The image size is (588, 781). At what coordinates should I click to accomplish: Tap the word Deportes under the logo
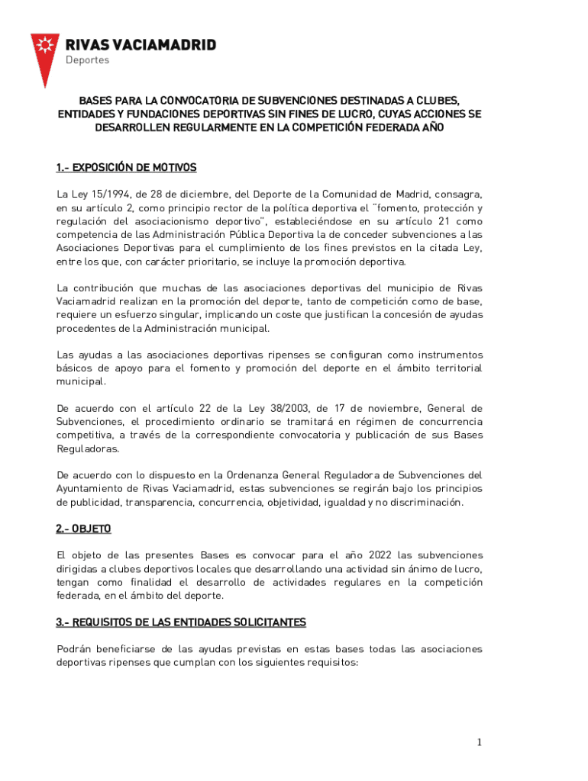point(87,60)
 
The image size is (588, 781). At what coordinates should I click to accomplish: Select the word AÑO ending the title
point(429,128)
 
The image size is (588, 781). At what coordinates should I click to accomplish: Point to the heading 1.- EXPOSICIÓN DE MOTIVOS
point(126,167)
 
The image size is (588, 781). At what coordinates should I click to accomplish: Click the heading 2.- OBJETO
point(83,529)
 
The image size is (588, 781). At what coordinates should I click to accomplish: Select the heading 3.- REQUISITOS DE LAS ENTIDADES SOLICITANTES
point(180,622)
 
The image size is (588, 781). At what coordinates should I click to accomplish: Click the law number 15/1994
point(97,194)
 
